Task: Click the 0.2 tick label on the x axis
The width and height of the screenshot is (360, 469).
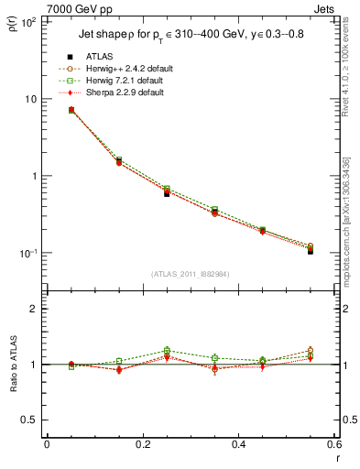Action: (x=142, y=444)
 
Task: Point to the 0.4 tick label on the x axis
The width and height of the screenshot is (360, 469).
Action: (x=238, y=444)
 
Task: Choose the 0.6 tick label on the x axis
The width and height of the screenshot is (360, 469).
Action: (x=333, y=444)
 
